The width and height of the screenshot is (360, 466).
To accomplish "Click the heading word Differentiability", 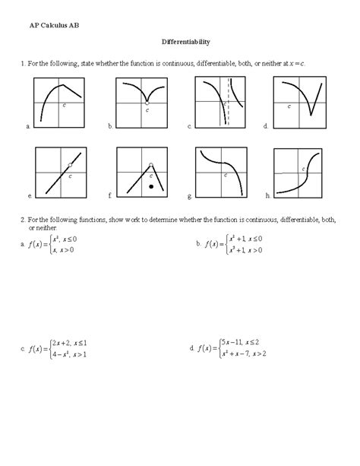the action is coord(185,43).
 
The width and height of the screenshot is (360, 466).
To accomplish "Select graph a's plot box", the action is coord(62,103).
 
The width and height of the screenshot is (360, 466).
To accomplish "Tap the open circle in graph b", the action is coord(147,101).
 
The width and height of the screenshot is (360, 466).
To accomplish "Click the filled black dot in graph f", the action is coord(152,185).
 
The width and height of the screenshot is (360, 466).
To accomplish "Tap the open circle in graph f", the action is coord(150,164).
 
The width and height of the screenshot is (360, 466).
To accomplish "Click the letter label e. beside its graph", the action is coord(29,196).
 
